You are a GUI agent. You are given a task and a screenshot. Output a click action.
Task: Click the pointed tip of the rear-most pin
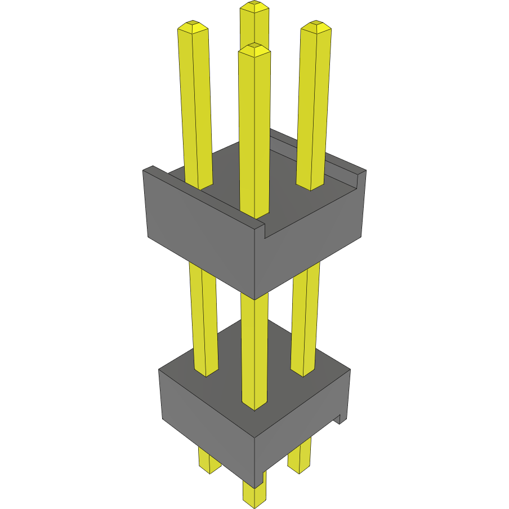[x=253, y=6]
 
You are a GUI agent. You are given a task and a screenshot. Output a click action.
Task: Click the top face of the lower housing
[x=253, y=360]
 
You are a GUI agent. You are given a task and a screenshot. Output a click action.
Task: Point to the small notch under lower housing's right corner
[x=340, y=419]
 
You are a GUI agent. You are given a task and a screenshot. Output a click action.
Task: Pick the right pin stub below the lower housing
[x=300, y=456]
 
